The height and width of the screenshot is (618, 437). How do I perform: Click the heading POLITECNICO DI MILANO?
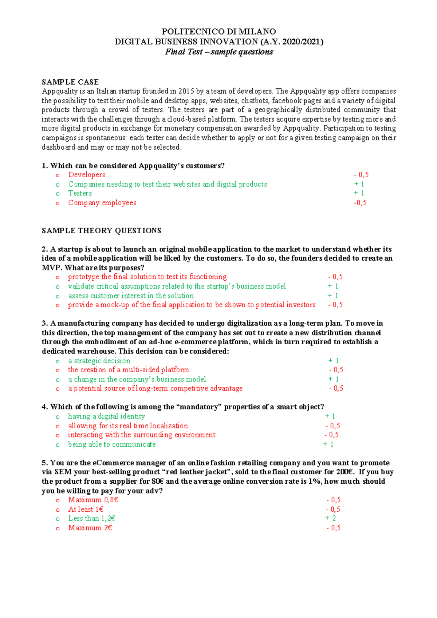pyautogui.click(x=219, y=32)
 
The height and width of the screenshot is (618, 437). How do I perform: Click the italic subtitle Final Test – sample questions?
pyautogui.click(x=219, y=52)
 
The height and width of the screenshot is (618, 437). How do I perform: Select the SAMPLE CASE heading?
pyautogui.click(x=70, y=82)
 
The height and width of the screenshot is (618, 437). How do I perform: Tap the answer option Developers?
pyautogui.click(x=87, y=175)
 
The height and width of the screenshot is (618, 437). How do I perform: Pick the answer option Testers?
pyautogui.click(x=80, y=194)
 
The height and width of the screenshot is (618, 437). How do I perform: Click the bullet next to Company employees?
pyautogui.click(x=58, y=203)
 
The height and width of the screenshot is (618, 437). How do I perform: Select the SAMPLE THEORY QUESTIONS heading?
pyautogui.click(x=101, y=231)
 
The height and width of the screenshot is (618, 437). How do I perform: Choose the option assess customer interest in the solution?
pyautogui.click(x=131, y=296)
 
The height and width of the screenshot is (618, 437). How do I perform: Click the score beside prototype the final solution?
pyautogui.click(x=335, y=277)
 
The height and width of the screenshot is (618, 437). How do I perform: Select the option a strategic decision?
pyautogui.click(x=99, y=361)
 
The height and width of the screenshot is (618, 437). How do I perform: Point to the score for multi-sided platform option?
pyautogui.click(x=336, y=370)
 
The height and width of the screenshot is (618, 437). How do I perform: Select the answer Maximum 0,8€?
pyautogui.click(x=93, y=500)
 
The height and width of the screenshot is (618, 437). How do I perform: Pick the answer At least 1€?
pyautogui.click(x=86, y=510)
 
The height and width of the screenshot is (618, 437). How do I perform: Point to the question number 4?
pyautogui.click(x=44, y=407)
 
